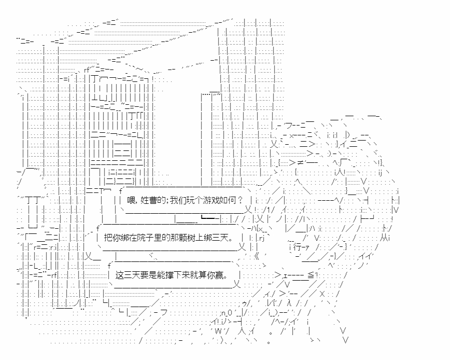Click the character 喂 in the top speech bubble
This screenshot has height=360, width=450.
(x=131, y=200)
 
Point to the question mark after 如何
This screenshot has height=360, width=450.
(x=240, y=200)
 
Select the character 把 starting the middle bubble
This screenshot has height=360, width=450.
(x=108, y=238)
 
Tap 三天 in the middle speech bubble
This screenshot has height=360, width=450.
(x=220, y=238)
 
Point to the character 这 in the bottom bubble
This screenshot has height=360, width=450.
(x=119, y=275)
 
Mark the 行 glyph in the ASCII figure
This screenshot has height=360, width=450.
(x=297, y=246)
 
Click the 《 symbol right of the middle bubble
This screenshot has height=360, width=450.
(x=256, y=256)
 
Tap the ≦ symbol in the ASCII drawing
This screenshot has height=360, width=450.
(x=311, y=275)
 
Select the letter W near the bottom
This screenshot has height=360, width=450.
(x=218, y=331)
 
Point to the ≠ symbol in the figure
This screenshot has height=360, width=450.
(x=300, y=163)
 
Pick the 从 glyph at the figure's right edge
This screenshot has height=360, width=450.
(x=384, y=238)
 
